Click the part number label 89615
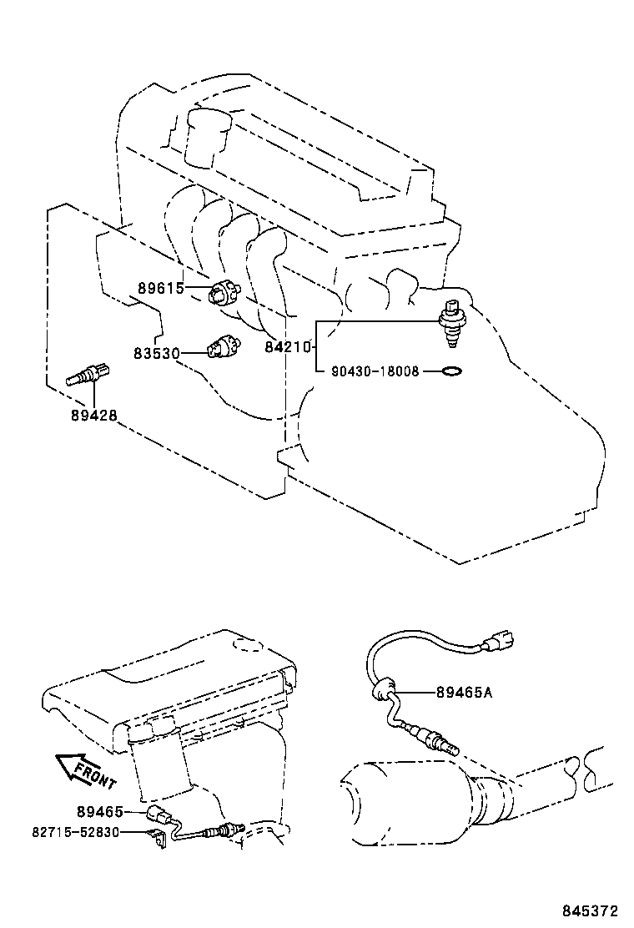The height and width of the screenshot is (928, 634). click(160, 290)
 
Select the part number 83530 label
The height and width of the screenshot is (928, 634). click(156, 353)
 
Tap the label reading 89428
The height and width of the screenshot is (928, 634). click(93, 413)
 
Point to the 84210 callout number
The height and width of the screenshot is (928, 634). click(288, 347)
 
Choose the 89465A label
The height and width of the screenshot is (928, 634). click(463, 691)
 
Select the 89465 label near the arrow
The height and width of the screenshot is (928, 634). click(99, 811)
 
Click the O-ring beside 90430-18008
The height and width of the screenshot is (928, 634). click(450, 371)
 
